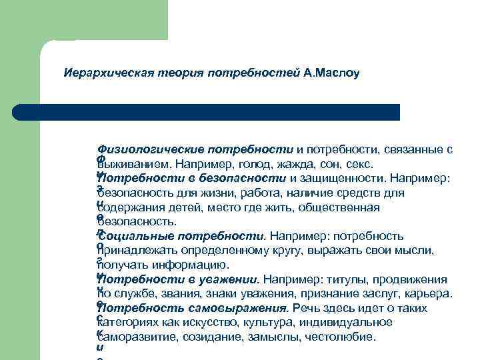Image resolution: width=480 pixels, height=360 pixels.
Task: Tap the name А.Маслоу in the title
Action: (331, 71)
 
